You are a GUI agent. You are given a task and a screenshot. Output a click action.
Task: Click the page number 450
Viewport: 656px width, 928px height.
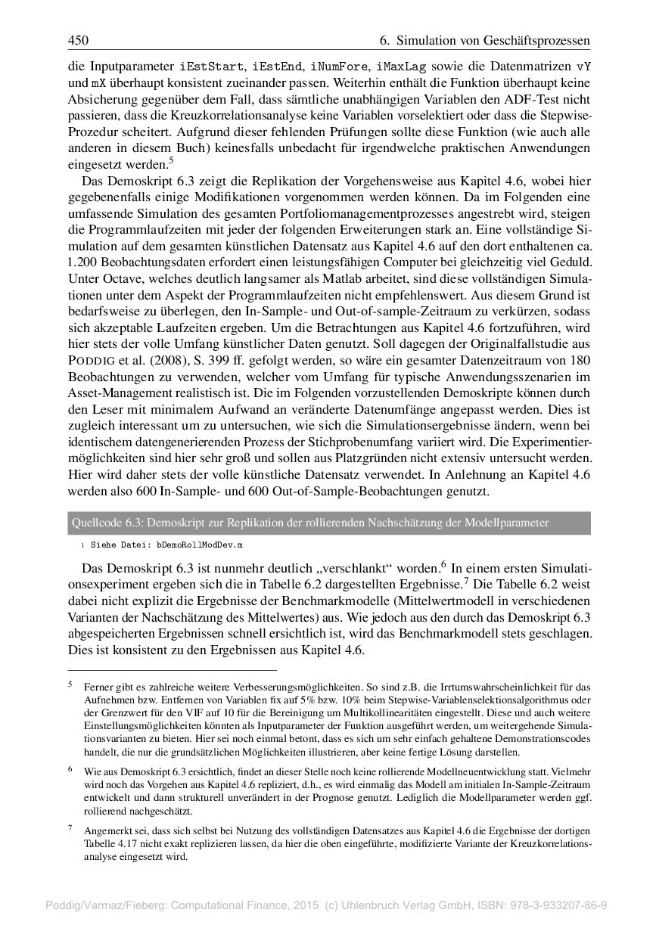pyautogui.click(x=78, y=40)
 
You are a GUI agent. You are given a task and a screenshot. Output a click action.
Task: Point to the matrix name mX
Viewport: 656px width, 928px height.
pyautogui.click(x=98, y=82)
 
